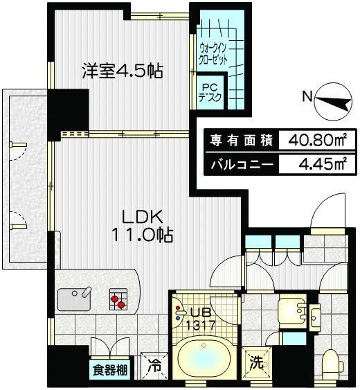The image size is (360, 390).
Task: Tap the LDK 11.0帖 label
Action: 144,225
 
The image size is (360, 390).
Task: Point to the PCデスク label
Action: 210,93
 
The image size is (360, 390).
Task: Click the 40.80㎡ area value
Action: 311,141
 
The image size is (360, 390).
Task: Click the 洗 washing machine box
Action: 255,362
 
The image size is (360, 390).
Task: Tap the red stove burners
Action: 118,300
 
